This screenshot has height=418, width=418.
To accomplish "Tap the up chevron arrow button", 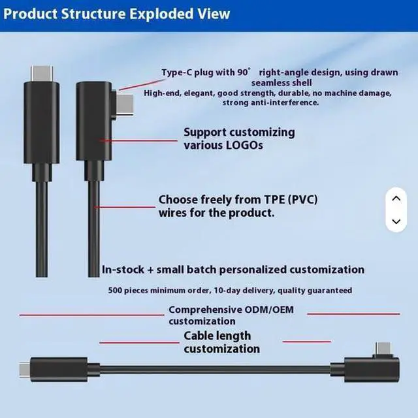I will coord(395,197).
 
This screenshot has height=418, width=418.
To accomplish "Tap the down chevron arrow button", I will coord(395,221).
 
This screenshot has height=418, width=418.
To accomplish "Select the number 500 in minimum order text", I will coord(117,290).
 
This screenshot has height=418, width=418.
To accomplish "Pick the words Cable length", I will coord(217,336).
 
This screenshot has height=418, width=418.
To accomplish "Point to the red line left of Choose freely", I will coord(124,206).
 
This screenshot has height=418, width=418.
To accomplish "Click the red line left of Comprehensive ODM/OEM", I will coord(91,315).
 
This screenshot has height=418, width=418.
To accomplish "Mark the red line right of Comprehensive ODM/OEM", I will coord(353,313).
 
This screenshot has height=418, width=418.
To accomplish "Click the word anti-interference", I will coord(281,103).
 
